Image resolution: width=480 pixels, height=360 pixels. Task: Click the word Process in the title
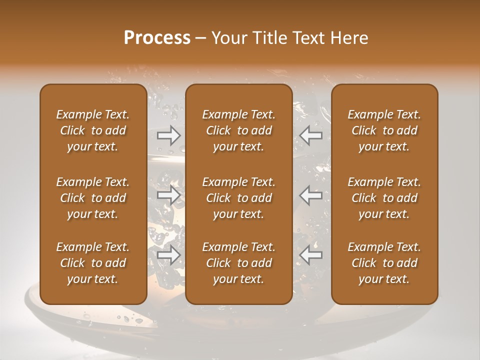[157, 38]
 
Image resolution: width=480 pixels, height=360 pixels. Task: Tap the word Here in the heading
[348, 38]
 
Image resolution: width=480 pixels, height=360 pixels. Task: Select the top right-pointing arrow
[169, 135]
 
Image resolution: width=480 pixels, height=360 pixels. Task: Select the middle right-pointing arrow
[169, 195]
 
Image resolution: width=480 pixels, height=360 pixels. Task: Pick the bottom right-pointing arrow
[169, 255]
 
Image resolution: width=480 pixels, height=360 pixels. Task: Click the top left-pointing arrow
[311, 135]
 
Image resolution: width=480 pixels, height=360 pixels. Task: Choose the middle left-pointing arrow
[311, 195]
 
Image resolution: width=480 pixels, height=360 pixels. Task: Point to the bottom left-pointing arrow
[311, 255]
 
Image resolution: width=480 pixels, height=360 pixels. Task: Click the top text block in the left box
[93, 130]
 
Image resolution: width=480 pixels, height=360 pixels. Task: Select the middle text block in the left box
[93, 198]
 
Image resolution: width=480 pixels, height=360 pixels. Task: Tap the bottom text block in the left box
[93, 263]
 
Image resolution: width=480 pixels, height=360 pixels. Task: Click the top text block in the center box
[239, 130]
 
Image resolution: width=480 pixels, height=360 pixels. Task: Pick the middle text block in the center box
[239, 198]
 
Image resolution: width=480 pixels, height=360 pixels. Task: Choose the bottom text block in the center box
[239, 263]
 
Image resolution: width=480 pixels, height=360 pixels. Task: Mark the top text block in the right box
[384, 130]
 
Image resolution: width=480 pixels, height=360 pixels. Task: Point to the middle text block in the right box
[384, 198]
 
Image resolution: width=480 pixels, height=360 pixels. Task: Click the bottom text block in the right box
[384, 263]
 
